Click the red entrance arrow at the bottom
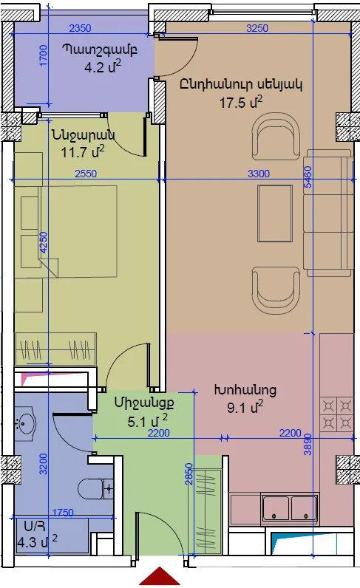(160, 577)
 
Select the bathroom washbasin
(25, 424)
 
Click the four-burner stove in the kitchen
(337, 414)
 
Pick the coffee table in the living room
(275, 213)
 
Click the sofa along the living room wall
(328, 213)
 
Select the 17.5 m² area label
(241, 102)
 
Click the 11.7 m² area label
(83, 152)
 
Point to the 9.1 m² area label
(245, 407)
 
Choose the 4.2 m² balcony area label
(103, 67)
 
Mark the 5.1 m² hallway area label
(147, 421)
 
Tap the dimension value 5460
(308, 177)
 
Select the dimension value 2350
(81, 28)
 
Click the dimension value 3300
(259, 174)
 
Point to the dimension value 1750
(63, 512)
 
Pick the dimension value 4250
(44, 242)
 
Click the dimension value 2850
(189, 474)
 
